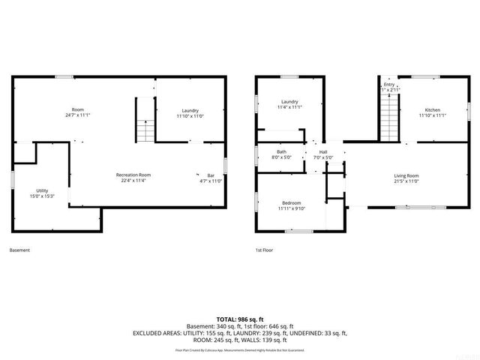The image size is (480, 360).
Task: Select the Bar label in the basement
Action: pos(210,175)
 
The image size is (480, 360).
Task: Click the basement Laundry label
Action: pos(190,110)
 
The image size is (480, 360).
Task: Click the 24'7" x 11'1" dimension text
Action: pos(77,115)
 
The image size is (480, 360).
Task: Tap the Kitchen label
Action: pos(433,110)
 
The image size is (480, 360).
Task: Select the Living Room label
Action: pos(406,175)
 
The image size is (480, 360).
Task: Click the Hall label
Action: pos(322,152)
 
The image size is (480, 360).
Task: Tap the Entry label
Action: pos(389,85)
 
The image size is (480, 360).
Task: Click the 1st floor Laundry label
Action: pos(290,101)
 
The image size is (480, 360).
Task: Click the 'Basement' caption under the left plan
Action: pos(20,250)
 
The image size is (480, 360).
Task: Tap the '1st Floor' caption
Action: pos(264,250)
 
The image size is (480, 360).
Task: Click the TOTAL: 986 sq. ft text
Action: pos(240,319)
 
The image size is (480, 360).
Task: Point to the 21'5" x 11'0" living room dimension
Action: pos(406,181)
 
